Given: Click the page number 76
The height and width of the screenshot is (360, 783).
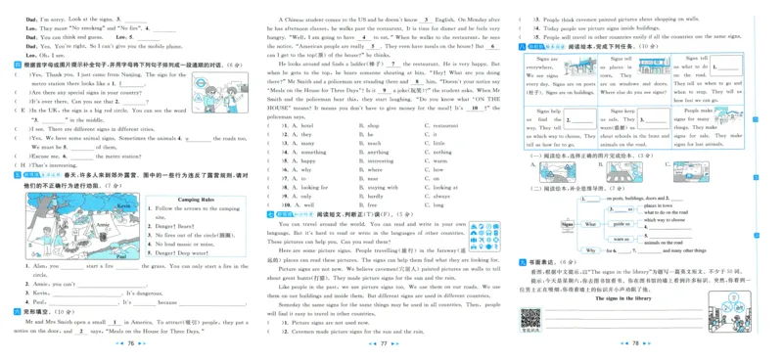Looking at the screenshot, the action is pyautogui.click(x=131, y=344).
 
